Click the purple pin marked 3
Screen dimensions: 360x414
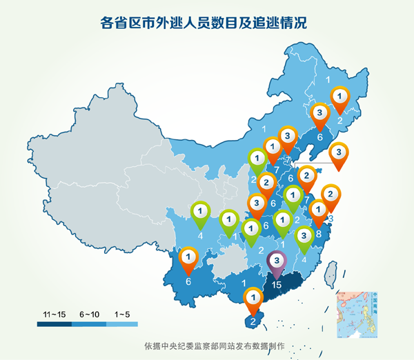pyautogui.click(x=277, y=261)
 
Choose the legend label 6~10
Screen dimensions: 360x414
pyautogui.click(x=90, y=314)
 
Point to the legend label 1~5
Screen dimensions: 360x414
pyautogui.click(x=122, y=314)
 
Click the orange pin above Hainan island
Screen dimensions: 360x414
pyautogui.click(x=253, y=299)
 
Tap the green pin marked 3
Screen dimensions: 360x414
pyautogui.click(x=303, y=236)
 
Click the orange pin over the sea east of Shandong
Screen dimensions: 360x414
pyautogui.click(x=338, y=152)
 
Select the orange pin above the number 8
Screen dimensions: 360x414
pyautogui.click(x=319, y=210)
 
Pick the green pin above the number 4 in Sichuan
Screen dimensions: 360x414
pyautogui.click(x=200, y=210)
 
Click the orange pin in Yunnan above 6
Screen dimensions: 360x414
pyautogui.click(x=188, y=258)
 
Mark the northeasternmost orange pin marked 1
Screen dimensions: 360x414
pyautogui.click(x=340, y=97)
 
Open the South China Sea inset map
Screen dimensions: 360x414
pyautogui.click(x=357, y=314)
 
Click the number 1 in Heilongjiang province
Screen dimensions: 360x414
pyautogui.click(x=327, y=80)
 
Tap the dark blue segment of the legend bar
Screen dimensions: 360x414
pyautogui.click(x=54, y=323)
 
